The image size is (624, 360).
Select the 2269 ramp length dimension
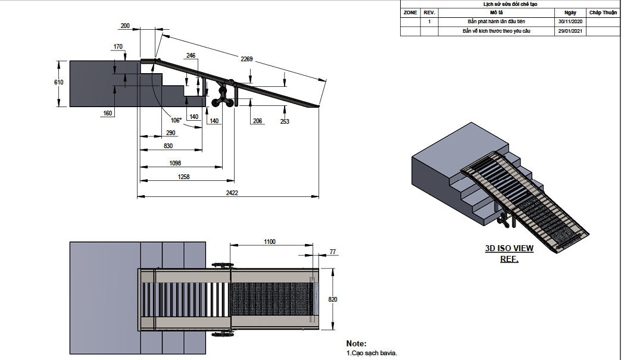(247, 59)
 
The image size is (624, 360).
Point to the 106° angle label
(176, 119)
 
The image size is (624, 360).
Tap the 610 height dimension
(58, 83)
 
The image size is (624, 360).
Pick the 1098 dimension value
(175, 162)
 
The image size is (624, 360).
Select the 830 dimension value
(168, 146)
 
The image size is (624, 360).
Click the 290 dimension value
(171, 132)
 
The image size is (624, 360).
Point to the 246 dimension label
(191, 55)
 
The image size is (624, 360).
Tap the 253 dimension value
(284, 121)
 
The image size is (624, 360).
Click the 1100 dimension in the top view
(270, 242)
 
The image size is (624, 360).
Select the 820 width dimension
(332, 299)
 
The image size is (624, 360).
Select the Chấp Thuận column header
(603, 12)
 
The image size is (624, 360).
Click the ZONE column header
(410, 12)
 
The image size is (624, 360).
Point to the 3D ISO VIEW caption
(509, 249)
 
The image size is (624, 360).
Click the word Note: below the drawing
(357, 344)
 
